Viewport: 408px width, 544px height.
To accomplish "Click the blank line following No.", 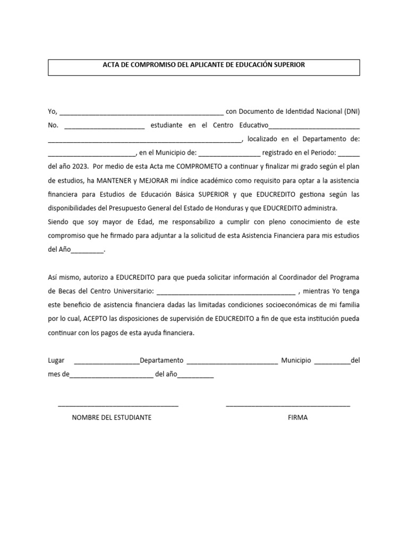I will [x=104, y=127].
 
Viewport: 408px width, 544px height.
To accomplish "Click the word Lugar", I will [x=56, y=361].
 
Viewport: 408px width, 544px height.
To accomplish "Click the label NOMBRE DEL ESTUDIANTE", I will [x=112, y=418].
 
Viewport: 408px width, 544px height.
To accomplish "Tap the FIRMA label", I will [x=297, y=418].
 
